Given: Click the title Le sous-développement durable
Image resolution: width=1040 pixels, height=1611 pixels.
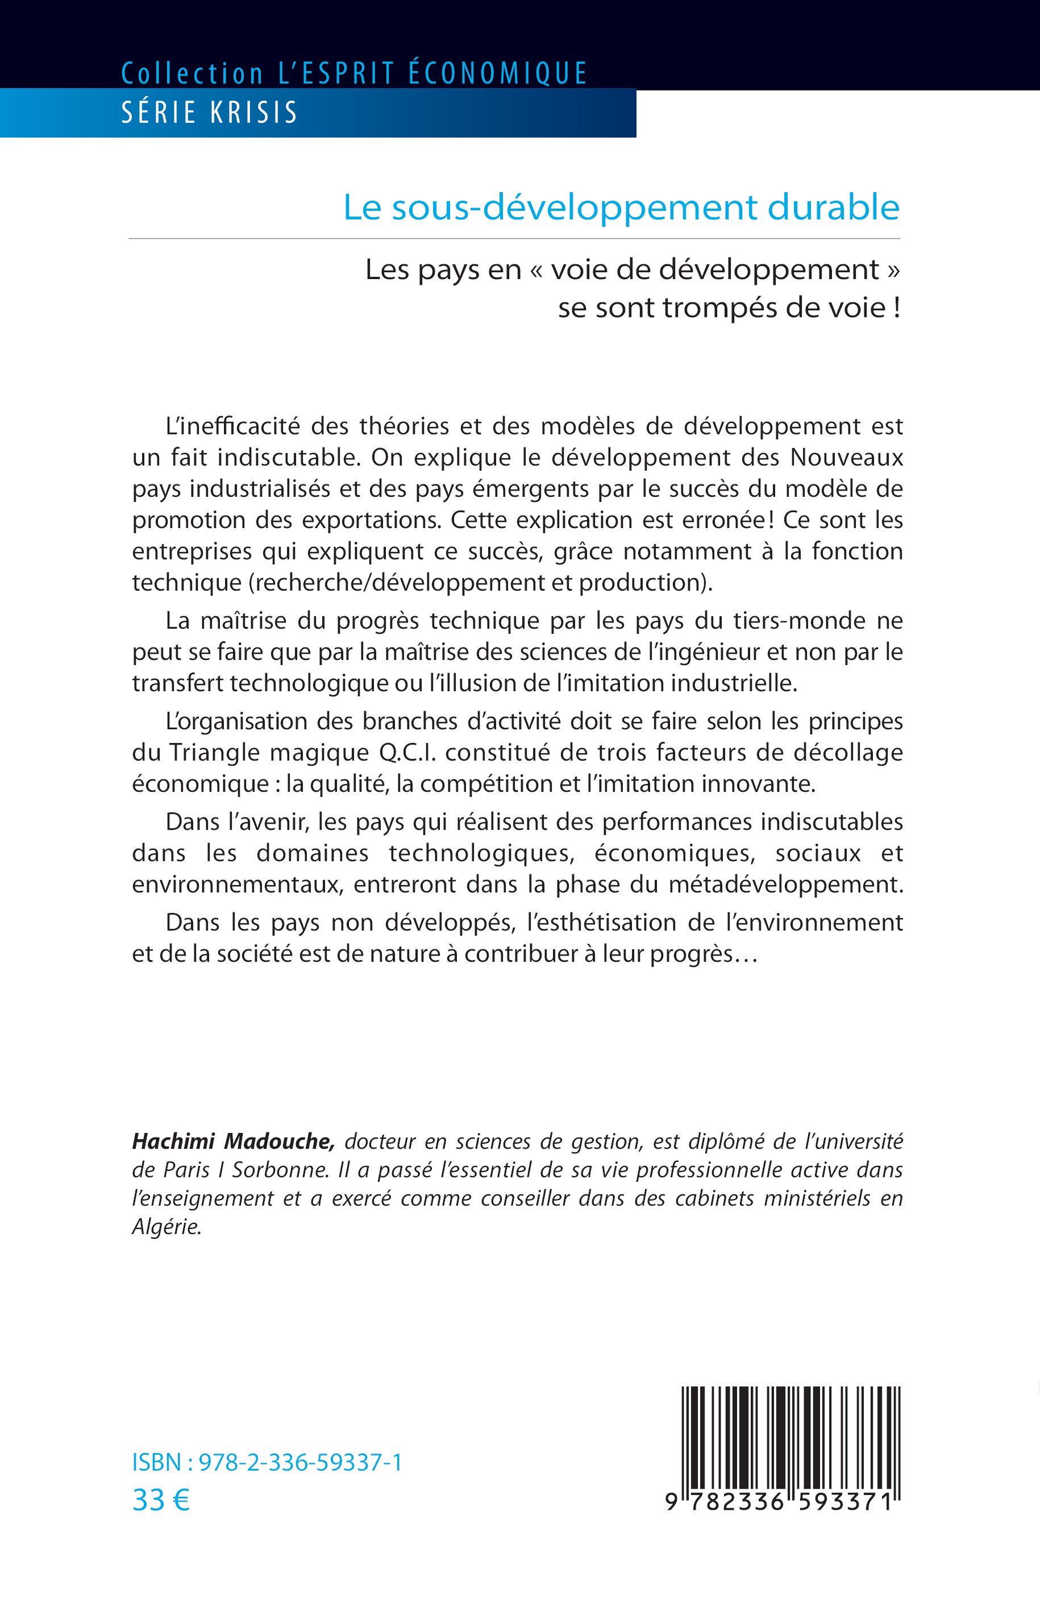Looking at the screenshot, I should tap(621, 207).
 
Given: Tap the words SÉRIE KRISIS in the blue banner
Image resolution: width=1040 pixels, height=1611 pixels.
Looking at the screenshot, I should tap(209, 113).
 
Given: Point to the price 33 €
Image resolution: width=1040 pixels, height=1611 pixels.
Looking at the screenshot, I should tap(161, 1500).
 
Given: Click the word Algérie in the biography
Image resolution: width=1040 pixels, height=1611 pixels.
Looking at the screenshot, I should tap(166, 1227).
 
